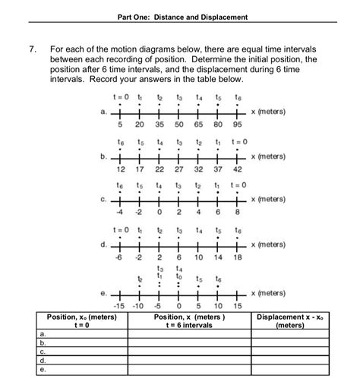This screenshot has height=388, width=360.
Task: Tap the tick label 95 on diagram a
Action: click(x=237, y=124)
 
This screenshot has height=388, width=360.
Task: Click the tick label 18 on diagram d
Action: click(x=237, y=258)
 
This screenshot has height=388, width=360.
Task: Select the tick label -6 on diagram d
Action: click(x=119, y=258)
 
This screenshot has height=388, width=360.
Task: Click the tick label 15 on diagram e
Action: click(x=237, y=305)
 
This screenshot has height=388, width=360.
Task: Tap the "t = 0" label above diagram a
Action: click(x=121, y=97)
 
